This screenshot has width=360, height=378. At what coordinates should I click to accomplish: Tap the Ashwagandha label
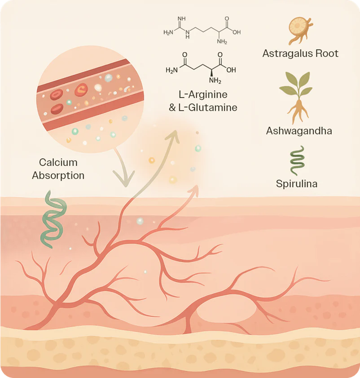click(x=299, y=131)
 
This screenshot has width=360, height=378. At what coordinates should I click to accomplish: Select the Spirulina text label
click(x=297, y=184)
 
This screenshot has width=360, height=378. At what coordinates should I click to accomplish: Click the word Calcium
click(x=58, y=162)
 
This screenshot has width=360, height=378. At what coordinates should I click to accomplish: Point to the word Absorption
click(x=58, y=175)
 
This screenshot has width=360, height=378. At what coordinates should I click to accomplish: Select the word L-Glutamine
click(x=212, y=108)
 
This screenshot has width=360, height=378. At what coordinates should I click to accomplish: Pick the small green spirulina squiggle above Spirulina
click(x=297, y=160)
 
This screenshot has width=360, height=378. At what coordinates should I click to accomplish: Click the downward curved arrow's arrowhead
click(x=123, y=182)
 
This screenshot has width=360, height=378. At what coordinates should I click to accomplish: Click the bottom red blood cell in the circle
click(x=57, y=109)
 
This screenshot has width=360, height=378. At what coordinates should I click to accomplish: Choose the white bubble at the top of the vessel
click(x=109, y=78)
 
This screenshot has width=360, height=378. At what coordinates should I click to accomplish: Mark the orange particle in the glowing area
click(x=152, y=160)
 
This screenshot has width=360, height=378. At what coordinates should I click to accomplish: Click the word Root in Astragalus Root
click(x=328, y=53)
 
